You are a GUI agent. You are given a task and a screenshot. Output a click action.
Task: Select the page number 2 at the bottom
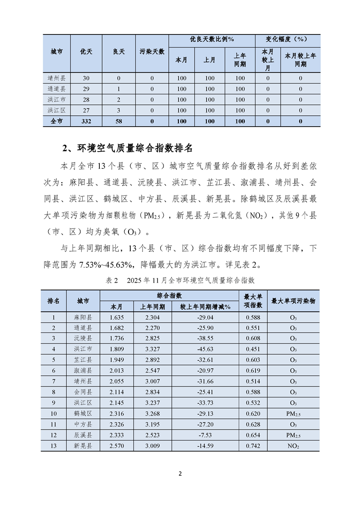(180, 474)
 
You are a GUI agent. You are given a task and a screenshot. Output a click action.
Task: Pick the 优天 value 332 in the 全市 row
(86, 121)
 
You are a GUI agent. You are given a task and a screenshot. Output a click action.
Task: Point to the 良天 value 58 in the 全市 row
(118, 121)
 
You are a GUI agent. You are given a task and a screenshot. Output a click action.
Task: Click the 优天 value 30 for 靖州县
(86, 78)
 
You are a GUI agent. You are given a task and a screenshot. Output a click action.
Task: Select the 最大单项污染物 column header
(293, 301)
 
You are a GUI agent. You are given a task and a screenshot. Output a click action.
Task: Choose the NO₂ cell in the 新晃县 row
(293, 446)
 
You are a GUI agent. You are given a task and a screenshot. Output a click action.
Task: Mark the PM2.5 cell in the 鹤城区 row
(293, 414)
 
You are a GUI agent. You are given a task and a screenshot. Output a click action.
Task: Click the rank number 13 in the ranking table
(54, 446)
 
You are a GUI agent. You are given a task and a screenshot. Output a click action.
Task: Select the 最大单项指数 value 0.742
(252, 446)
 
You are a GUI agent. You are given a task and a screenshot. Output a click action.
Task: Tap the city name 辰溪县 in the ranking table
(83, 435)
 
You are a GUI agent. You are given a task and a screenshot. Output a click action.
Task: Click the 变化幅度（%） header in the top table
(287, 40)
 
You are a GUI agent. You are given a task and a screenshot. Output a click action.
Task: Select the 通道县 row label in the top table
(57, 89)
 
